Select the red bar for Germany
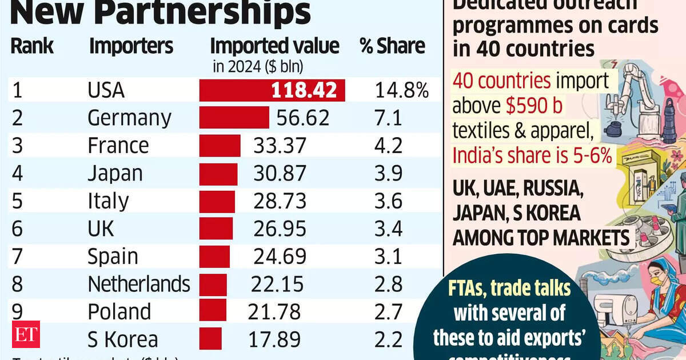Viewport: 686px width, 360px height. pyautogui.click(x=234, y=118)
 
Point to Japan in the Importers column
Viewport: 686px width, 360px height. pyautogui.click(x=115, y=173)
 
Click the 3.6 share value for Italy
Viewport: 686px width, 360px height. pyautogui.click(x=389, y=201)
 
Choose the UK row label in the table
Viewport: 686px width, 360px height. pyautogui.click(x=101, y=228)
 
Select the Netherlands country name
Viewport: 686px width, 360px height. pyautogui.click(x=138, y=283)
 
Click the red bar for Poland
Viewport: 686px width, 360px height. pyautogui.click(x=213, y=311)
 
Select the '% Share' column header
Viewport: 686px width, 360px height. pyautogui.click(x=392, y=46)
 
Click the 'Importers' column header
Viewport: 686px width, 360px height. pyautogui.click(x=131, y=46)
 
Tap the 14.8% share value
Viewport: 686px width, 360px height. pyautogui.click(x=401, y=90)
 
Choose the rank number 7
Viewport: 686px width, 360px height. pyautogui.click(x=17, y=256)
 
